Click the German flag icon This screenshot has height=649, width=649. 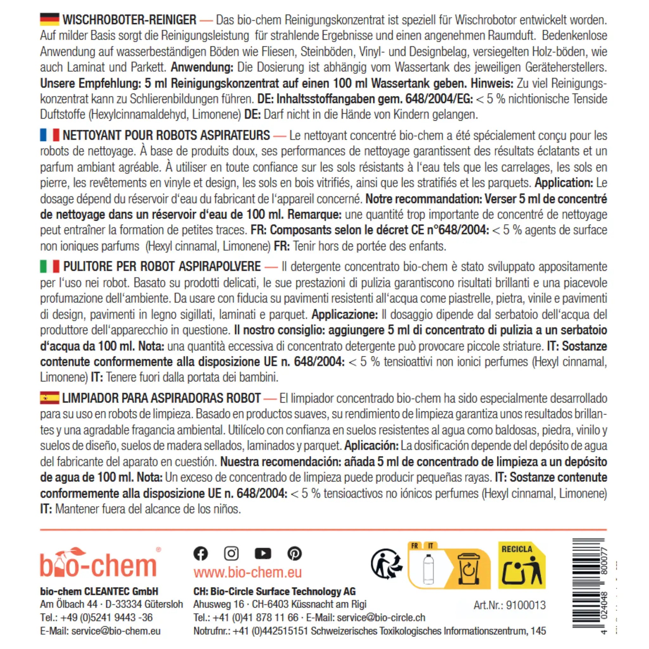coord(50,19)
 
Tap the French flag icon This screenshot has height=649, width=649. coord(50,135)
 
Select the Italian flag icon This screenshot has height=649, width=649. coord(50,267)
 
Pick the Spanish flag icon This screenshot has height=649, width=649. coord(50,398)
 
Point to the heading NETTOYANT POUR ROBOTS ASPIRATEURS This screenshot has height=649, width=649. coord(166,135)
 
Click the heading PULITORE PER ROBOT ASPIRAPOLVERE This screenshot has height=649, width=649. coord(162,267)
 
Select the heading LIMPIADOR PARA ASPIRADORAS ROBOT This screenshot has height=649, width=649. coord(162,398)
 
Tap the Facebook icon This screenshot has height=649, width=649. coord(201,553)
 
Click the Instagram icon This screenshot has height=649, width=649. coord(231,553)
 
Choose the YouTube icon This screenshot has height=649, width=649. coord(263,553)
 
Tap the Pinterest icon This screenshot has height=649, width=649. coord(295,553)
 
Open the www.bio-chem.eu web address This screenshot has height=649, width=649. coord(247,572)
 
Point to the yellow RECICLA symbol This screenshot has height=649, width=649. coord(522,565)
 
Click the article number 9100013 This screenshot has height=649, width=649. coord(526,605)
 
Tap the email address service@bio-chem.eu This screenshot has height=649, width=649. coord(116,631)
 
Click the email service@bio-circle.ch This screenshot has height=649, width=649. coord(381,617)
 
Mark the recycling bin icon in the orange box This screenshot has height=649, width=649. coord(469,569)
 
